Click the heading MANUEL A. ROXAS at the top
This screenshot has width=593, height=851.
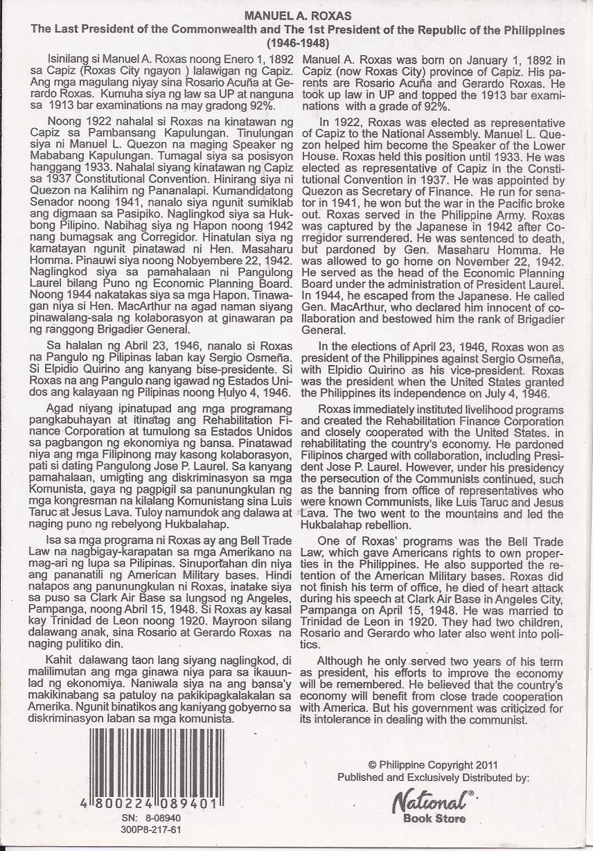click(296, 16)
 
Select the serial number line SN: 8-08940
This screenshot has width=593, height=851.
click(151, 818)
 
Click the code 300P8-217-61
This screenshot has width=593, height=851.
click(151, 828)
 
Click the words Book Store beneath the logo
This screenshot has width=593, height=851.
click(434, 819)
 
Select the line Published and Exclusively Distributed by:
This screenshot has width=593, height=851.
click(433, 778)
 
